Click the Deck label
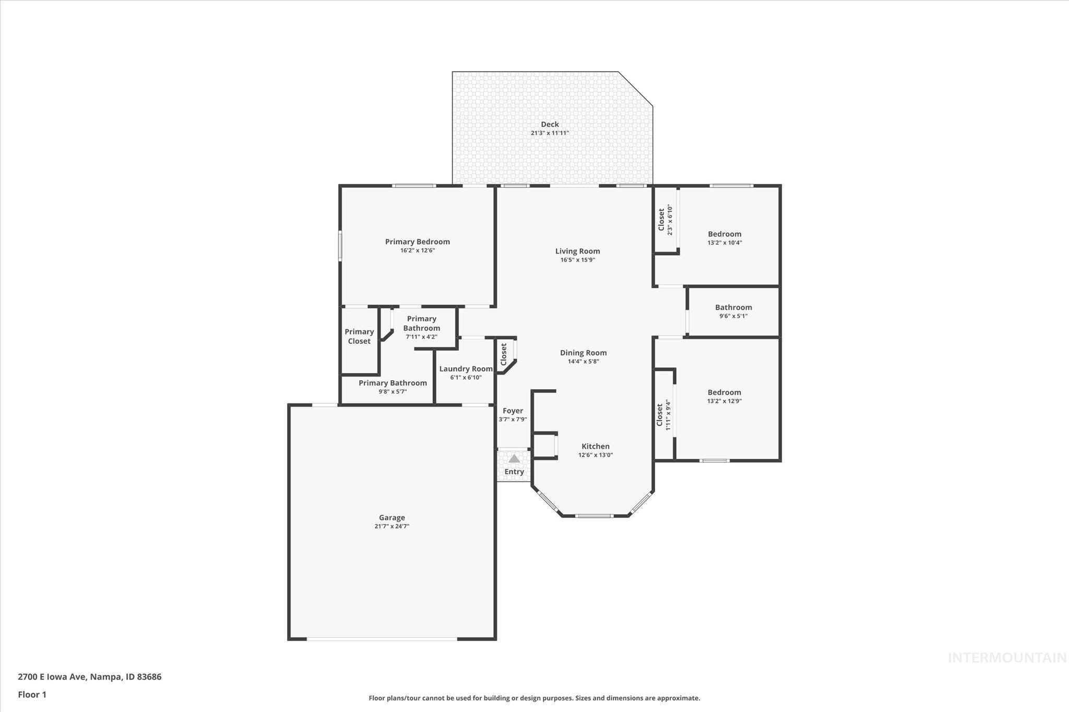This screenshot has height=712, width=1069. tap(550, 124)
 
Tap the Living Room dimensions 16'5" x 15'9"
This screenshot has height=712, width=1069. tap(577, 260)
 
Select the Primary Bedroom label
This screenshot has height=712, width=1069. tap(417, 242)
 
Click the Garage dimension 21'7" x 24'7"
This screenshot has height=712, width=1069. tap(391, 526)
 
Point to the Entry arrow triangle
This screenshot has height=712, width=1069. tap(514, 458)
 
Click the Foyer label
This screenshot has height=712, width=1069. tap(513, 411)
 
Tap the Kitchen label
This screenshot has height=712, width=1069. tap(596, 446)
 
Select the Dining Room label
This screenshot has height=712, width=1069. tap(583, 353)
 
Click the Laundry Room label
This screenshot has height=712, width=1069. tap(466, 369)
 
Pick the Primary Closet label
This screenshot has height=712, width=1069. tap(359, 336)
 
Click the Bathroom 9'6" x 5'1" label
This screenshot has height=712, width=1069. tap(733, 307)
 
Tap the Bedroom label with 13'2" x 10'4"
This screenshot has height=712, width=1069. tap(724, 234)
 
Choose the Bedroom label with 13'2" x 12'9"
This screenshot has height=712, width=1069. tap(724, 393)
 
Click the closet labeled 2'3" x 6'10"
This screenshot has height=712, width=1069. tap(662, 220)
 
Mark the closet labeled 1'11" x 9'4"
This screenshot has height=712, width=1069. tap(660, 414)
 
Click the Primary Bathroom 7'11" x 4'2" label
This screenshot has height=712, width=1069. tap(421, 323)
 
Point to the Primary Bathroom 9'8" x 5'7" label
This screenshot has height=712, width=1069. tap(393, 383)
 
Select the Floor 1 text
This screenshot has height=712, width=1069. tap(32, 695)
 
